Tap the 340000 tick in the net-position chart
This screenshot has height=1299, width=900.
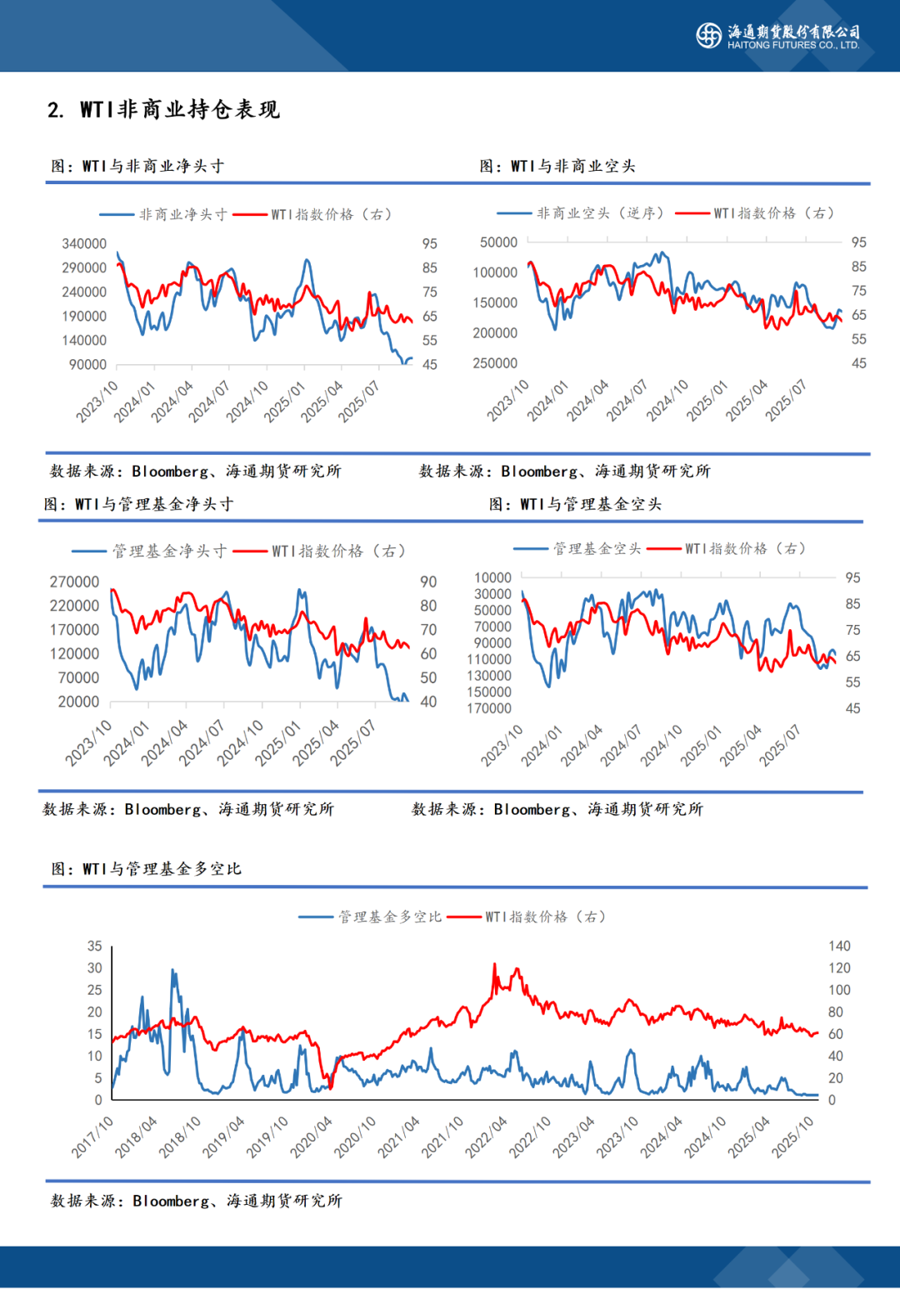84,243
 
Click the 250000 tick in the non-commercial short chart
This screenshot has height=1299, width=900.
495,363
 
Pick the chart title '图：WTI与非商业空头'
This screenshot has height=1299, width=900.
557,166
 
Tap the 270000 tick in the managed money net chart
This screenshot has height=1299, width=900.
74,582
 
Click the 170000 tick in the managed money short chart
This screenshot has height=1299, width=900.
489,708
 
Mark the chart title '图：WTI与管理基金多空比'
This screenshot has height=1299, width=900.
146,869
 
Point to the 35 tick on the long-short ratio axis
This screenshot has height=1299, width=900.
95,946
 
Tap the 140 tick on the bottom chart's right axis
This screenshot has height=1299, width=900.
839,946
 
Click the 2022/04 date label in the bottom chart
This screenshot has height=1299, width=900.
487,1137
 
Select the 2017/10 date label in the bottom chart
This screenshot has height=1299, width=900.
92,1137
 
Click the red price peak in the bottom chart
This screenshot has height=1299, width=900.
495,966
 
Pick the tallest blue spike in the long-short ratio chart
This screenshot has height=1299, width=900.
172,971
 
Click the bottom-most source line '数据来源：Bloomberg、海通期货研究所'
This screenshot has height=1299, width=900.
196,1201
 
